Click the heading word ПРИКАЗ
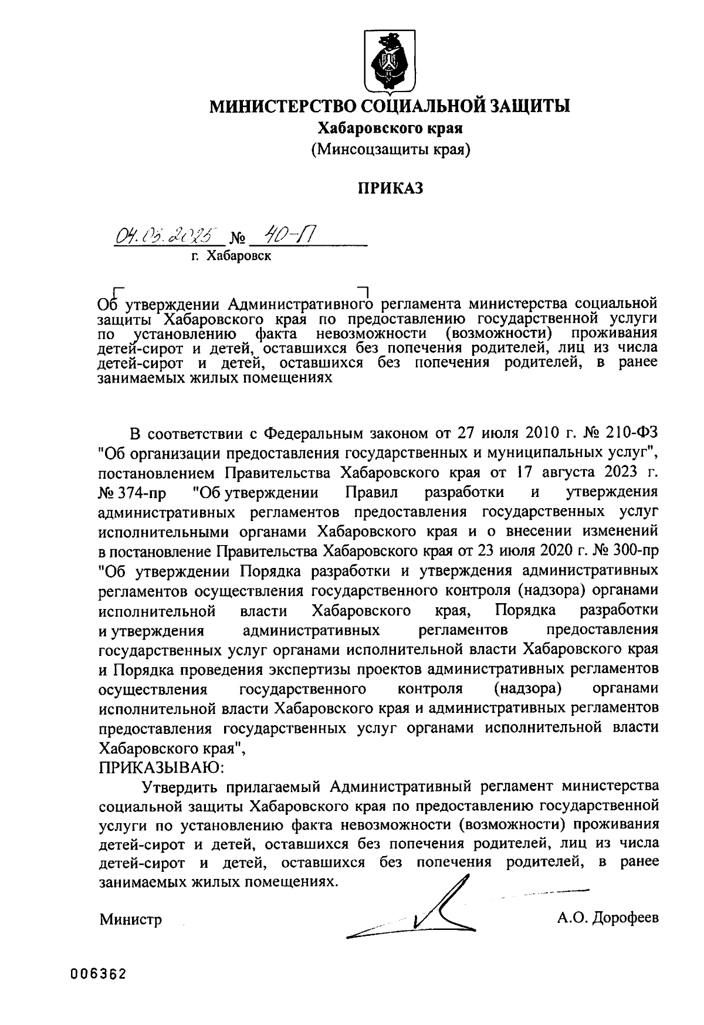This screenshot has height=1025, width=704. (391, 188)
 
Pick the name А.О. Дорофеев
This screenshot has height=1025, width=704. (608, 916)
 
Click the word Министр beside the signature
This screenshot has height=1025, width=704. (130, 919)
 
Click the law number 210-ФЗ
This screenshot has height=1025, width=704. (633, 434)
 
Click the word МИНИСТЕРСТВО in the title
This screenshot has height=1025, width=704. (280, 106)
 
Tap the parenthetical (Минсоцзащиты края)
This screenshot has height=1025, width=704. (391, 150)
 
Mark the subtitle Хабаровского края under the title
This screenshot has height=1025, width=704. (391, 128)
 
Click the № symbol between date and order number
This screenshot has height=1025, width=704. (238, 239)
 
